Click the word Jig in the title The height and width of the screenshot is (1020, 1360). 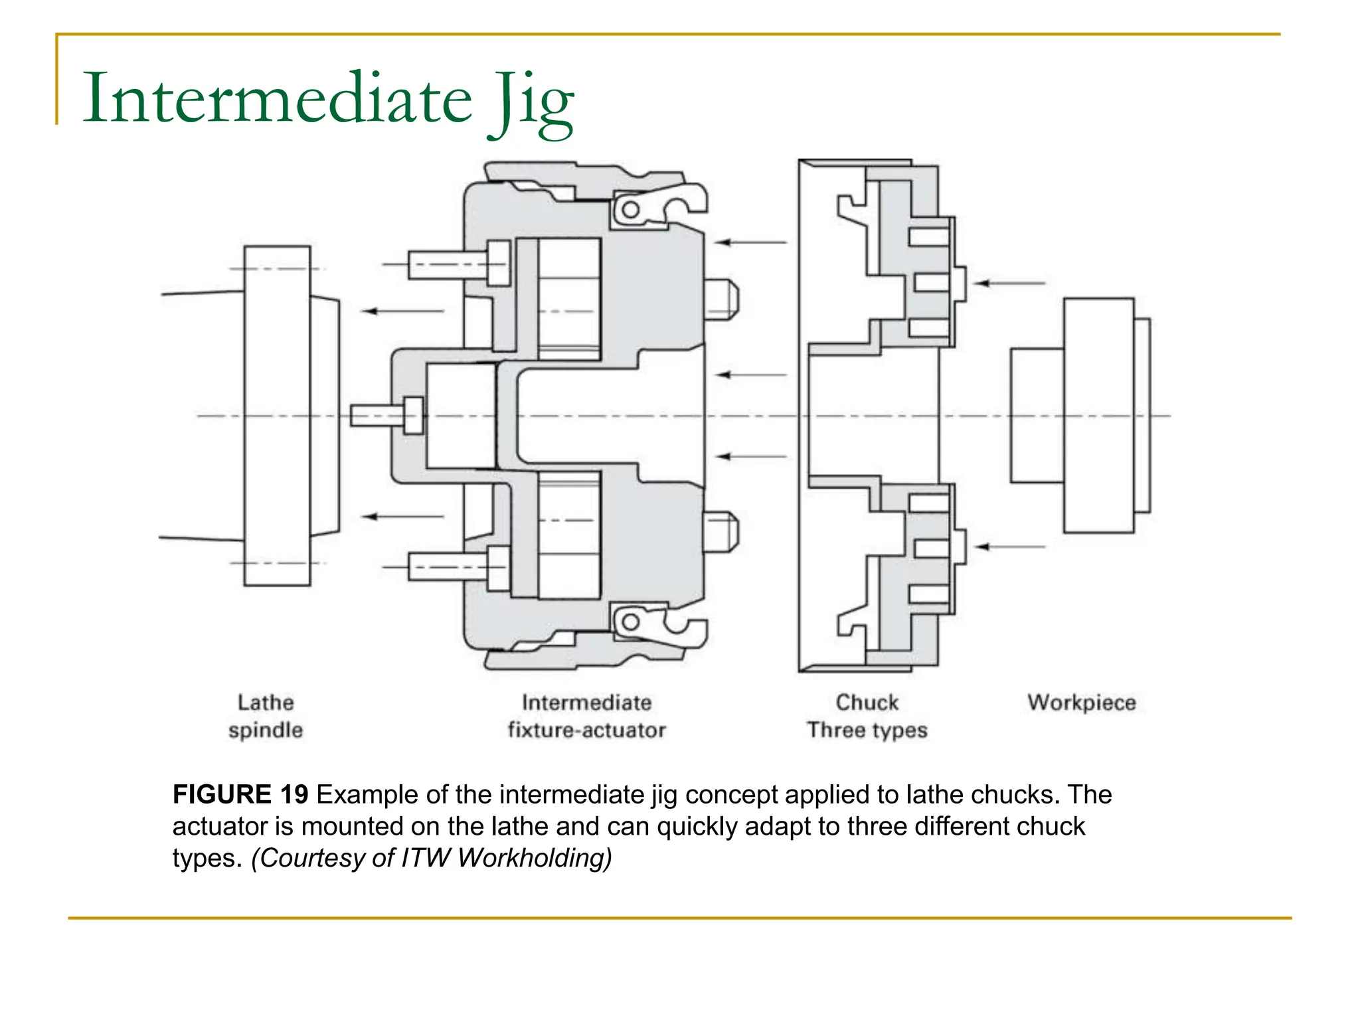coord(531,101)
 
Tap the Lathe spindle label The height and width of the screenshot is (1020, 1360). coord(266,716)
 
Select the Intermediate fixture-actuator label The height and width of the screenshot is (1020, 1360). coord(586,716)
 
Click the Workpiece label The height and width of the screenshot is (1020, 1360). coord(1081,702)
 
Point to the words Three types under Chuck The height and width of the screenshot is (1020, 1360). coord(867,730)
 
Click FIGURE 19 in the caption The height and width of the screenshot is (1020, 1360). coord(240,794)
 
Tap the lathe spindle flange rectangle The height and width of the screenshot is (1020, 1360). coord(277,416)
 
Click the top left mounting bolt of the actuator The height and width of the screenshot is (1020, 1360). coord(458,264)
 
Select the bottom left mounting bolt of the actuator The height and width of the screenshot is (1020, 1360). coord(458,566)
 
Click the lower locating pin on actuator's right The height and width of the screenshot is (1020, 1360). coord(721,531)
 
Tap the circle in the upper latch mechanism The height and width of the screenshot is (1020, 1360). coord(631,211)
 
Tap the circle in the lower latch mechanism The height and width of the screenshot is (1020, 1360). coord(631,622)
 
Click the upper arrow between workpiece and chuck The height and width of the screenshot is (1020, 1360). coord(1011,284)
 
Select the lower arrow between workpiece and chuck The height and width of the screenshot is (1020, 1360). coord(1011,547)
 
